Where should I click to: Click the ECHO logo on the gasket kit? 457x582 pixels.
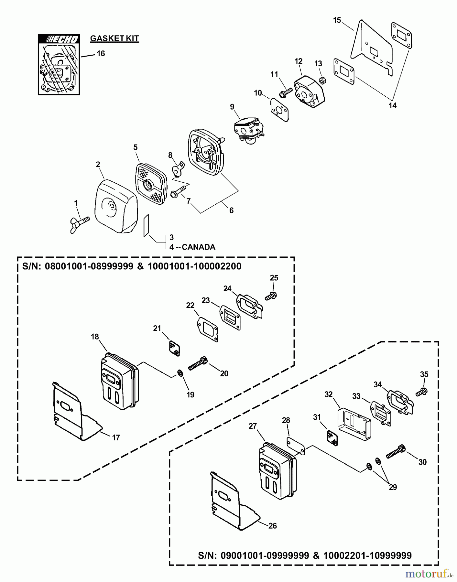pos(59,39)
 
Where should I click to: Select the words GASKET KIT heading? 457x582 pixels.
pos(114,38)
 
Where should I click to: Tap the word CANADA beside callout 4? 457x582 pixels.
pos(199,247)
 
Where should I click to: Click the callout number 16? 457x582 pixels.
pos(101,53)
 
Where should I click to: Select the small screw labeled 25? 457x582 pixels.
pos(271,296)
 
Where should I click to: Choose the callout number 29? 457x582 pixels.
pos(393,487)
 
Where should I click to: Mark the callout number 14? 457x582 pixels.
pos(392,105)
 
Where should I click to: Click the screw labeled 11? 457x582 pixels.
pos(286,92)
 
